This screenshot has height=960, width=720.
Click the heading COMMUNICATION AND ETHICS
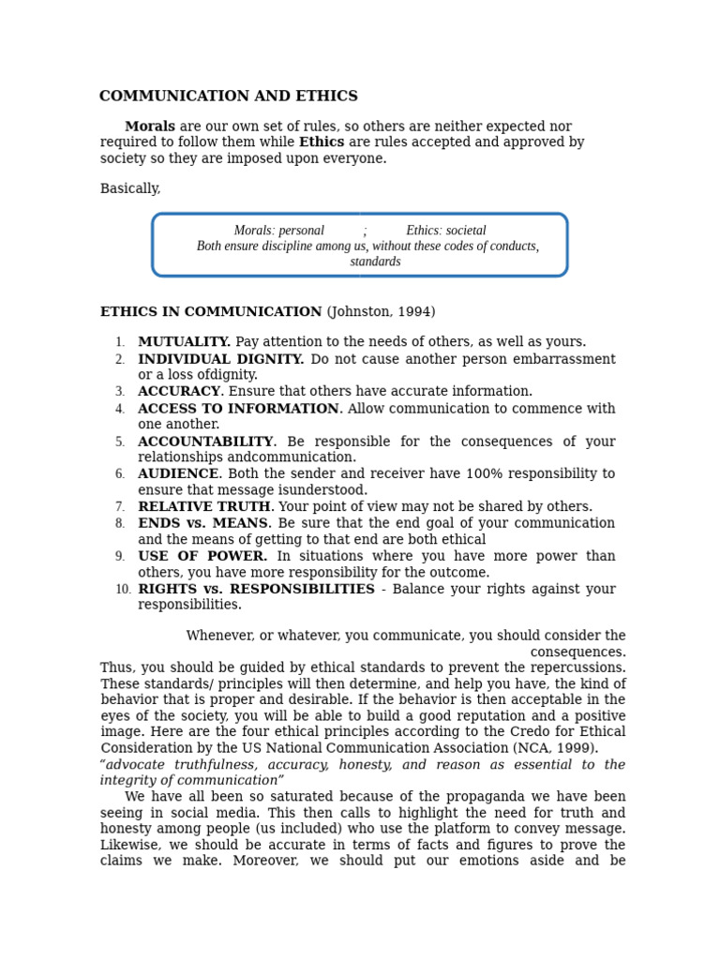click(x=228, y=97)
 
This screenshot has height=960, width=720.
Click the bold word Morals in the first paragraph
click(x=150, y=127)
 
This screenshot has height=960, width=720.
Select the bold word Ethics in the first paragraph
click(x=322, y=142)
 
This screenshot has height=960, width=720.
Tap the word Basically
click(x=130, y=189)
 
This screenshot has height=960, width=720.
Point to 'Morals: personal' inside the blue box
click(x=278, y=231)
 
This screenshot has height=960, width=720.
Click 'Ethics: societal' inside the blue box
click(x=446, y=231)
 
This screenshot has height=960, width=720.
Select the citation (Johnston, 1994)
click(x=381, y=312)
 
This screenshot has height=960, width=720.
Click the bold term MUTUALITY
click(x=184, y=342)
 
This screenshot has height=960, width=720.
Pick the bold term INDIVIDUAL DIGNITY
click(x=220, y=359)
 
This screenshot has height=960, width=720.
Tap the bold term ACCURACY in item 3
click(x=179, y=392)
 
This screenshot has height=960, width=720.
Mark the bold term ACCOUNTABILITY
click(x=206, y=442)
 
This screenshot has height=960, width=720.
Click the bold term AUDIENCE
click(x=178, y=474)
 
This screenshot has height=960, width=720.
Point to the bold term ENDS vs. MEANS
click(x=203, y=523)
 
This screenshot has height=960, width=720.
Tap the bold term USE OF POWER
click(x=202, y=557)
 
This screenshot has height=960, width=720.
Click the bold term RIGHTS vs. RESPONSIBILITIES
click(x=256, y=590)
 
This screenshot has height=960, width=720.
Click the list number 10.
click(x=123, y=590)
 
